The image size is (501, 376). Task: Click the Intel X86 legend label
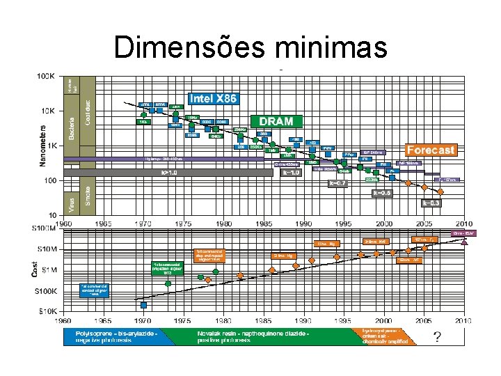pos(214,99)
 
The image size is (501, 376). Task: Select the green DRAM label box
pos(277,120)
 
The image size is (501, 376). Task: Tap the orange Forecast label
pos(431,150)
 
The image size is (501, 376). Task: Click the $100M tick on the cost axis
pos(47,228)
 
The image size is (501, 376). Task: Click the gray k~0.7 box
pos(337,183)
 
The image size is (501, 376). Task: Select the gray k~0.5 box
pos(383,193)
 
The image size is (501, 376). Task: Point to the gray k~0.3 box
pos(431,203)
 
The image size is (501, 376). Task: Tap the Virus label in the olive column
pos(72,203)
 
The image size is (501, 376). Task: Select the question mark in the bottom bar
pos(436,336)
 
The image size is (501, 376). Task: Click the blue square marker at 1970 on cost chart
pos(144,304)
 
